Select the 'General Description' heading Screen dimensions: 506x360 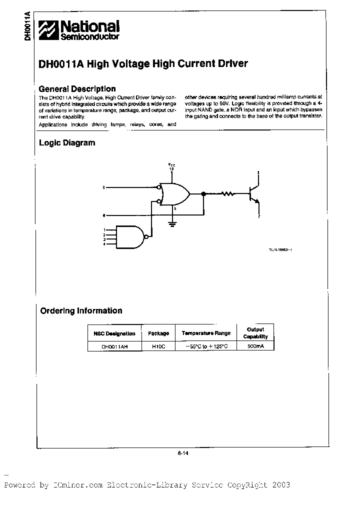77,89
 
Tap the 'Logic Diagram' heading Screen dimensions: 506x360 67,143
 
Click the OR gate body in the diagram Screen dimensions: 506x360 173,193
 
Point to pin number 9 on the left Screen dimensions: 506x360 103,187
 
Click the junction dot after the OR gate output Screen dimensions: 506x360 203,193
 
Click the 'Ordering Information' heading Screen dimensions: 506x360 81,310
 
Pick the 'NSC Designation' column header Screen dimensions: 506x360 114,333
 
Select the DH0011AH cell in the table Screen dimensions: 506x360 114,346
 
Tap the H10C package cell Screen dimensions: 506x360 157,346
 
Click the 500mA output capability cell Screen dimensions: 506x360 255,346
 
